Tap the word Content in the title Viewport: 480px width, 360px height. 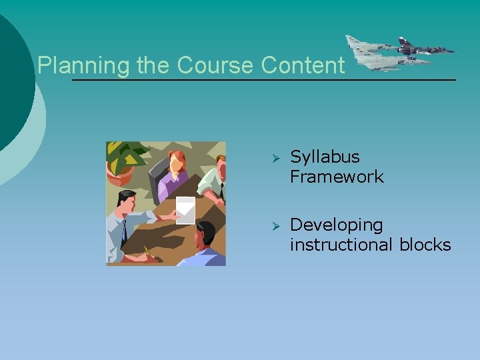pos(303,65)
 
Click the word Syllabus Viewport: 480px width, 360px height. pos(325,157)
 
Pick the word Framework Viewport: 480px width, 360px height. pos(337,177)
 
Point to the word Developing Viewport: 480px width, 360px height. pos(336,225)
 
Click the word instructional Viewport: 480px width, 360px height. pos(342,245)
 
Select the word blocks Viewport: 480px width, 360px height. pos(425,245)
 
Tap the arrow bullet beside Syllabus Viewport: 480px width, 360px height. pos(273,158)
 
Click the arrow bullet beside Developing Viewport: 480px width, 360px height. pos(273,226)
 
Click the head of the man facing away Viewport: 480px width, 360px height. pos(205,234)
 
